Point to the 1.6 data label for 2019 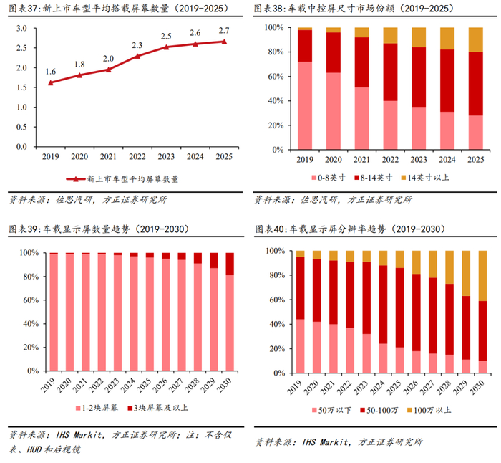click(50, 72)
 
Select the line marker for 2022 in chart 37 click(137, 56)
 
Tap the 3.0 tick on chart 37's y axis click(21, 29)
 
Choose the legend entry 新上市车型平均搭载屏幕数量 click(132, 178)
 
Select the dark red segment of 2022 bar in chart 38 click(390, 72)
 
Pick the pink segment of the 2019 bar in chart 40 click(300, 348)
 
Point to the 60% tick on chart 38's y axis click(273, 76)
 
